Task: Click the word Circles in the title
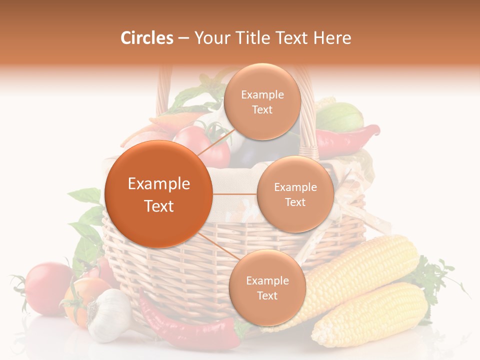(147, 38)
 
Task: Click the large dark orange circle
(158, 194)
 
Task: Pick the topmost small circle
(262, 101)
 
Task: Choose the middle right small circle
(295, 194)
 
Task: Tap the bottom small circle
(267, 287)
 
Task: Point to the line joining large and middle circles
(234, 194)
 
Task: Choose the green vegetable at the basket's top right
(340, 117)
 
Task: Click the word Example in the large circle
(158, 184)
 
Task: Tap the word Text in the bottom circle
(267, 295)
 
